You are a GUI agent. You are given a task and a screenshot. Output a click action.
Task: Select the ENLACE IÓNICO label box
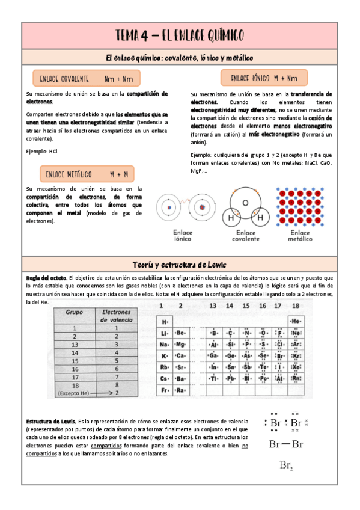tap(264, 78)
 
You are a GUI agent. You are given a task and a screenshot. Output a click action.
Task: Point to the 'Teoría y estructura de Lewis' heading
tap(180, 265)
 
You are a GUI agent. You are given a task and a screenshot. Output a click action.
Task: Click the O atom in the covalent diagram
tap(245, 203)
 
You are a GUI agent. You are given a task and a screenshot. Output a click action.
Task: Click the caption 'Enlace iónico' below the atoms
tap(183, 235)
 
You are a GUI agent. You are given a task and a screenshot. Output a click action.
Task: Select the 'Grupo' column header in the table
tap(74, 313)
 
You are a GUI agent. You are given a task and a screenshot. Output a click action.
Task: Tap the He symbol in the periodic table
tap(295, 322)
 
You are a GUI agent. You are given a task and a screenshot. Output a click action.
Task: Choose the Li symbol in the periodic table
tap(164, 333)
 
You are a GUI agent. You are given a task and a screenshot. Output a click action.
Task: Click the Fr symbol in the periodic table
tap(164, 390)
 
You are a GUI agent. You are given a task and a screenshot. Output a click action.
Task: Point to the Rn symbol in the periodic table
tap(295, 379)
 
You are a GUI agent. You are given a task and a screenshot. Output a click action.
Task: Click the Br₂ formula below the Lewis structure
tap(286, 465)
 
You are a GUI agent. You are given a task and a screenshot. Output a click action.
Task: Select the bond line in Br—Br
tap(286, 445)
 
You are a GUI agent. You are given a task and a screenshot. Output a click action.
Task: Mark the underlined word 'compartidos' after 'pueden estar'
tap(105, 446)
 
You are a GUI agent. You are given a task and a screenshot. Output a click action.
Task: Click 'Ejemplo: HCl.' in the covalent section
tap(43, 151)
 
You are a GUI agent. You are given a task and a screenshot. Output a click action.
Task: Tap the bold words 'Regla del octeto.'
tap(47, 277)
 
